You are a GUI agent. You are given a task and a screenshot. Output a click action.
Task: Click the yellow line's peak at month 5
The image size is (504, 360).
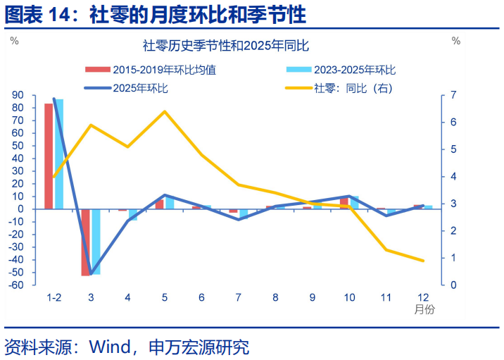click(165, 111)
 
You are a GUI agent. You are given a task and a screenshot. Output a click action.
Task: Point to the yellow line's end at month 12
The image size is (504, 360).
click(423, 261)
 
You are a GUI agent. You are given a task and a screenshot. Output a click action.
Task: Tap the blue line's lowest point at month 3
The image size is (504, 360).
click(91, 273)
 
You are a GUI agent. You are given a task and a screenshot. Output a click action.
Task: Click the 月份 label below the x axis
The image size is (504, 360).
click(424, 310)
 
